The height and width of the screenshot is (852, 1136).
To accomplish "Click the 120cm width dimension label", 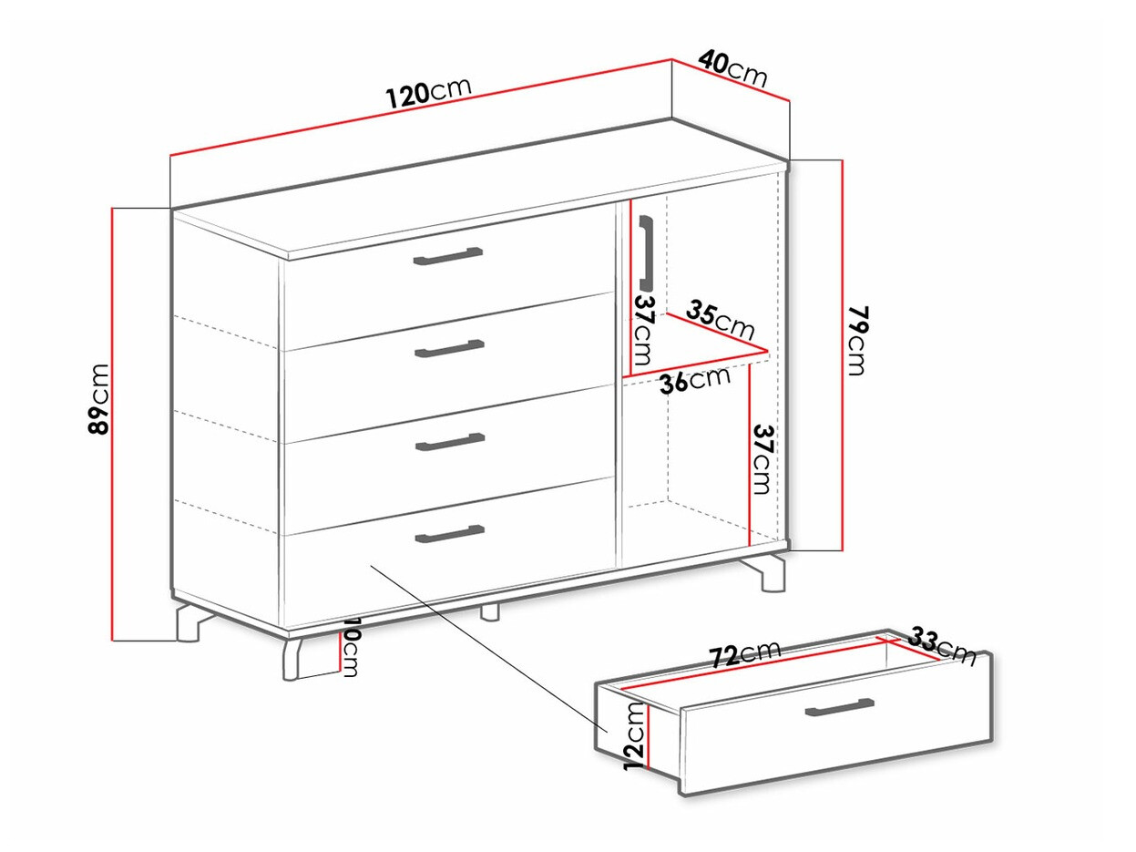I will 427,91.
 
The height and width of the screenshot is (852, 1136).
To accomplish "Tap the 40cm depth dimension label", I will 732,67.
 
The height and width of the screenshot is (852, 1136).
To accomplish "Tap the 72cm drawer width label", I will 745,653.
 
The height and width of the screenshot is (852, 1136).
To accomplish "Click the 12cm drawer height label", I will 636,735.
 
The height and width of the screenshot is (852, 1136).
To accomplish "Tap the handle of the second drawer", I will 449,348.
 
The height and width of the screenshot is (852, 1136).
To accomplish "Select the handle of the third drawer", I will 450,442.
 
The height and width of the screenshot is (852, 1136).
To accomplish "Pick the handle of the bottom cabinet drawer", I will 449,533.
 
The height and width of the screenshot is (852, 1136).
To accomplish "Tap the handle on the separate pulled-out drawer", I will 839,708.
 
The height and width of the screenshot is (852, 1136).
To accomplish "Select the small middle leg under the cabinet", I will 491,611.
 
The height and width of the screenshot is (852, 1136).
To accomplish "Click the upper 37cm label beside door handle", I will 645,328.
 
